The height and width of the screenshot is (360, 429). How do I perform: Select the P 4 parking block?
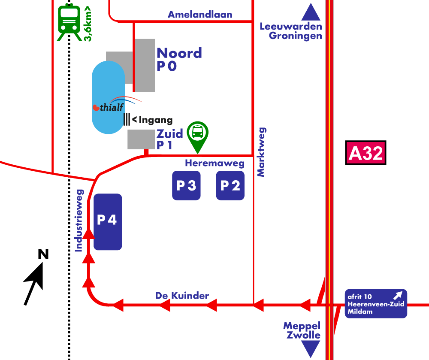click(x=108, y=221)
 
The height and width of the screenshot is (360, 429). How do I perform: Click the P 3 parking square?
click(x=186, y=185)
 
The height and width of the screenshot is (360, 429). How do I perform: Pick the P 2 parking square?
click(x=230, y=185)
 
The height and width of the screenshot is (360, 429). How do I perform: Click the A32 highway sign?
click(x=366, y=153)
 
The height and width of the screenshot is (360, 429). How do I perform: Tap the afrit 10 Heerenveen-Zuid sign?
click(x=376, y=303)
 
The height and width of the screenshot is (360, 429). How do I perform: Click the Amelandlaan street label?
click(x=200, y=15)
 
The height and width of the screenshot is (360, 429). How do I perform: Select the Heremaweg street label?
click(x=214, y=163)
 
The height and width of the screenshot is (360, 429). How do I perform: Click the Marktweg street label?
click(x=261, y=152)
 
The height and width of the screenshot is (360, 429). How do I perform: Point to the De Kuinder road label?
click(x=182, y=296)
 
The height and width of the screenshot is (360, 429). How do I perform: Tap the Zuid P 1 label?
click(x=169, y=139)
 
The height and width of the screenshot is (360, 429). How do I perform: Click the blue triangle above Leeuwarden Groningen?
click(x=311, y=13)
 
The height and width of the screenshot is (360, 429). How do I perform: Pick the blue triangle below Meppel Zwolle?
click(x=311, y=349)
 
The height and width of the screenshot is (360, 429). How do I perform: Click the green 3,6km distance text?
click(x=88, y=24)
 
